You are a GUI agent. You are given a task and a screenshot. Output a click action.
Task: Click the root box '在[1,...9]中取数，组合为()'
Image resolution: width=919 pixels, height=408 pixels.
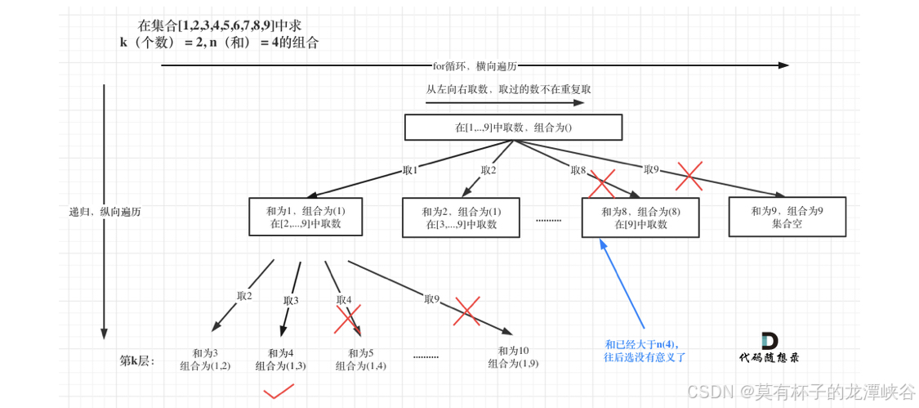513,127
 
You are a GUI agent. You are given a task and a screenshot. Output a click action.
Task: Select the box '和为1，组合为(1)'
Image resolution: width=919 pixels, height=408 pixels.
305,217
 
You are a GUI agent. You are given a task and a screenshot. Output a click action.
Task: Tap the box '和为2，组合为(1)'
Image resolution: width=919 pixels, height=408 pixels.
461,217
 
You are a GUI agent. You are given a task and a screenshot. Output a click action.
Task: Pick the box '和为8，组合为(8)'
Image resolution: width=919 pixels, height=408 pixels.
640,217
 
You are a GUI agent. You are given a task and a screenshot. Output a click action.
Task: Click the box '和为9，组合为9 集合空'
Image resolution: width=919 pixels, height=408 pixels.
787,217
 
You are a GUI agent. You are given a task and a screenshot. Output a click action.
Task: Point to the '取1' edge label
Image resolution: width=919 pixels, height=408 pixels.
410,170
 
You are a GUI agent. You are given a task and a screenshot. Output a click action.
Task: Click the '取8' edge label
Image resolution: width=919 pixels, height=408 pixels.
578,170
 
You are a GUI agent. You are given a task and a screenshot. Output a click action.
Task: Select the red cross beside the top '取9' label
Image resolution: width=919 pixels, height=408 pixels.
689,175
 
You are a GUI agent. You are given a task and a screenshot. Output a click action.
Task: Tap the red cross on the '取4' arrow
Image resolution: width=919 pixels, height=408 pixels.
347,320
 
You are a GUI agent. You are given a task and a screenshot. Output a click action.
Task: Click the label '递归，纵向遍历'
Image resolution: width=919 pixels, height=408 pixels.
105,211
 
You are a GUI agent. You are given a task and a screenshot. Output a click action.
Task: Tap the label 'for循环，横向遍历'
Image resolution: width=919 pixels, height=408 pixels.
475,65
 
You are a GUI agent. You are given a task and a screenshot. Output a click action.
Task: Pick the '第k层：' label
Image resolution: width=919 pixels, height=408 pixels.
137,360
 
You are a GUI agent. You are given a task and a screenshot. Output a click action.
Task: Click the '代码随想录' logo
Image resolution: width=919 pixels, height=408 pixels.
769,347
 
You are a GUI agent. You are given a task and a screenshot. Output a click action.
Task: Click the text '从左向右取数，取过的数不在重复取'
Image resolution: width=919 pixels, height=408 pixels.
508,89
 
